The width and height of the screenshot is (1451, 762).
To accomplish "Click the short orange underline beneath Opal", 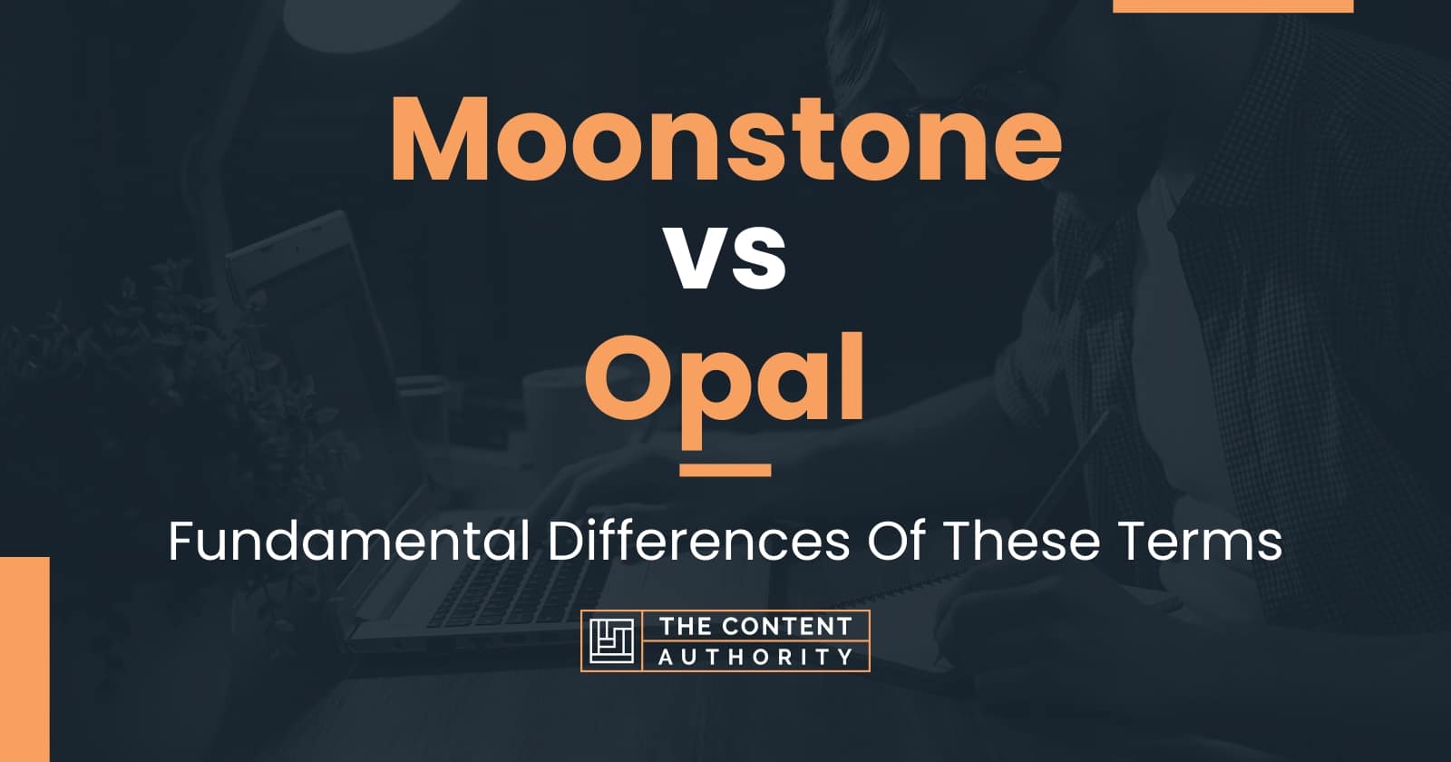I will tap(725, 470).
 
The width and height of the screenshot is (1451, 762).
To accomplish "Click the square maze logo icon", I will tap(610, 640).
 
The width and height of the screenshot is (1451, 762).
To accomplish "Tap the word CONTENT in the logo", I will tap(778, 626).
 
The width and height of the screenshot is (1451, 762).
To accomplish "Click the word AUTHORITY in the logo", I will tap(755, 656).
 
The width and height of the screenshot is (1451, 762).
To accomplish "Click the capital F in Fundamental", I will tap(179, 543).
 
